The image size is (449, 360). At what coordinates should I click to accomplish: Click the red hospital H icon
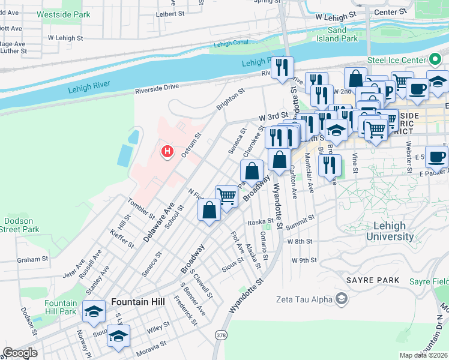[167, 151]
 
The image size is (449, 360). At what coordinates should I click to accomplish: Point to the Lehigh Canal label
[231, 44]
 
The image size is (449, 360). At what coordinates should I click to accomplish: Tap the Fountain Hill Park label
[60, 307]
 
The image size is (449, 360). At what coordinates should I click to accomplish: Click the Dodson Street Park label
[20, 225]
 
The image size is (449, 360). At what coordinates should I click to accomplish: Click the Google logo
[20, 353]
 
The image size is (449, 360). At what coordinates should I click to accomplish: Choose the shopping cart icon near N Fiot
[226, 196]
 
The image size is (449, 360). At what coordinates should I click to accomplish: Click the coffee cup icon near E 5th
[436, 156]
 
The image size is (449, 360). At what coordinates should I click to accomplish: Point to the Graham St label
[32, 260]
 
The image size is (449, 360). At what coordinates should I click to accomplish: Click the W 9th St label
[303, 260]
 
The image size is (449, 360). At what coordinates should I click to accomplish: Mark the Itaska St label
[261, 221]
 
